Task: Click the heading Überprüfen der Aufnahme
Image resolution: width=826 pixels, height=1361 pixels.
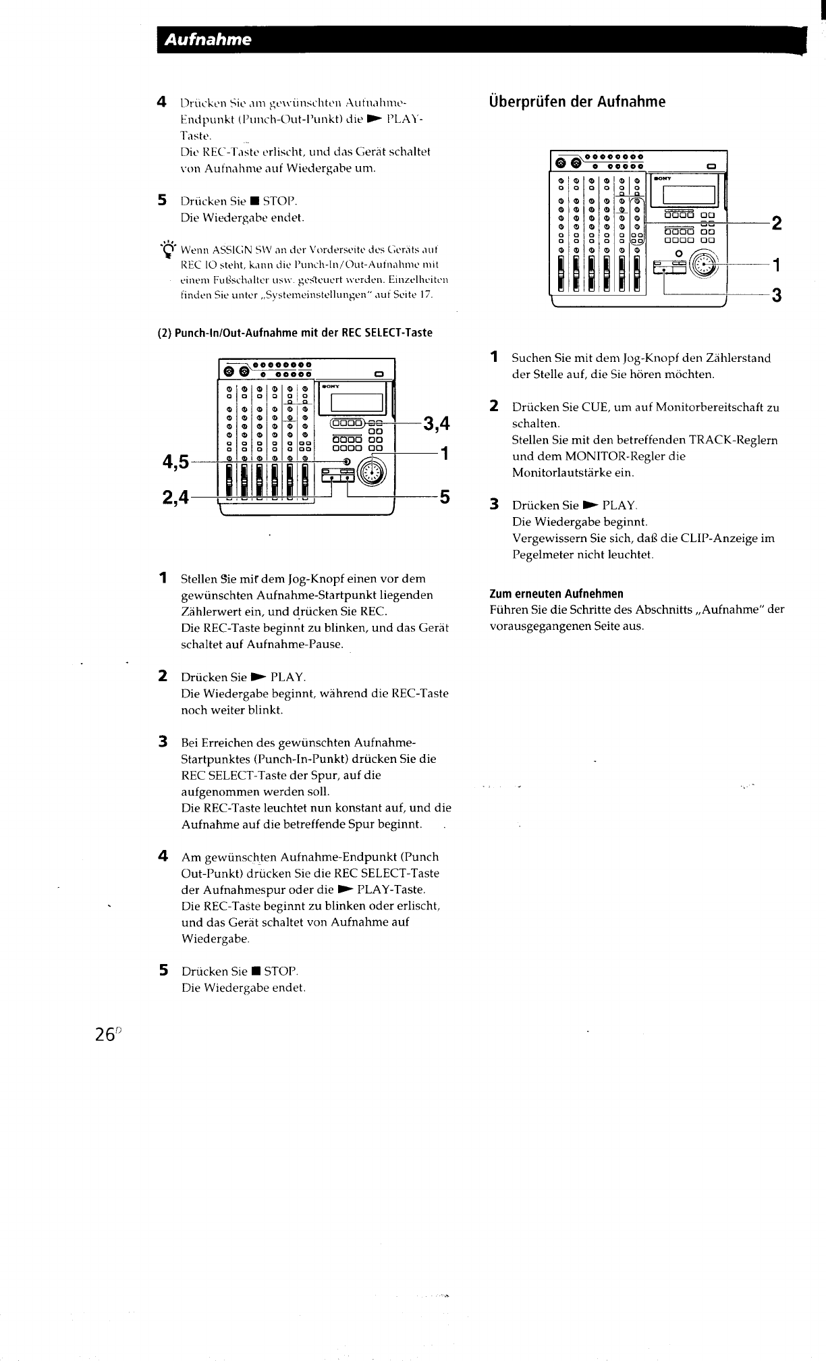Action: point(577,102)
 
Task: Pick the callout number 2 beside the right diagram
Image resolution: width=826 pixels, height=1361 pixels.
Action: point(777,223)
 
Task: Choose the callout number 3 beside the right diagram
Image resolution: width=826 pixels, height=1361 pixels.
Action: point(777,295)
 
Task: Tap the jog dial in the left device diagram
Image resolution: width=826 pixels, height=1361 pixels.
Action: point(370,471)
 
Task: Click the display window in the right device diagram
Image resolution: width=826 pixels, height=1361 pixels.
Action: point(688,194)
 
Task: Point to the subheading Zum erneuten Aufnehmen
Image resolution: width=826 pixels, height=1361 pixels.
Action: point(556,594)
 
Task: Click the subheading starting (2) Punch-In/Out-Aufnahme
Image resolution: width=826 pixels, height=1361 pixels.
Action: point(294,333)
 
